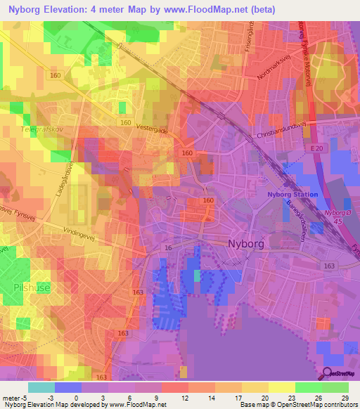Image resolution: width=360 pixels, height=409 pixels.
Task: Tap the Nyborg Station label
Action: (292, 195)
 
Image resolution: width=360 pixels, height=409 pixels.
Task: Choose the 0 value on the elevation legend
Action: (76, 398)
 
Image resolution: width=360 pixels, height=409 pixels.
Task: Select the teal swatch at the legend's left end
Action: (41, 387)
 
